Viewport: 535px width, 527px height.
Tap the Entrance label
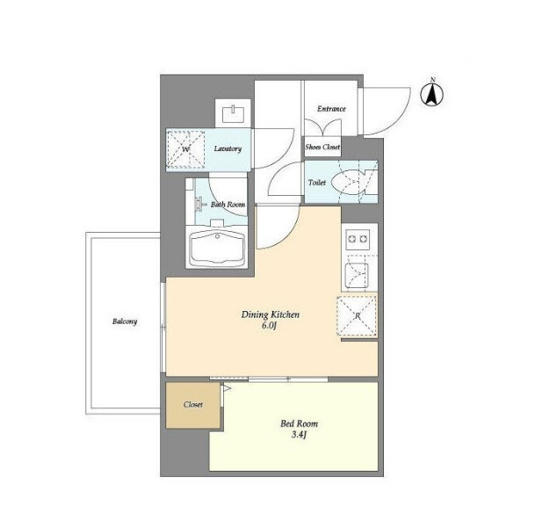coord(331,109)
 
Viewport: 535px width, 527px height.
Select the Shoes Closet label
coord(322,147)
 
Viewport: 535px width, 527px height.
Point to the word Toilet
coord(317,183)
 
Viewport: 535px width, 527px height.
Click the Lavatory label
coord(228,148)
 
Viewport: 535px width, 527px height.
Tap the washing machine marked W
coord(185,149)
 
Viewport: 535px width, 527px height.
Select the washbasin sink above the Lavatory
coord(234,114)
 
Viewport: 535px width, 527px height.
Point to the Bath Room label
coord(228,205)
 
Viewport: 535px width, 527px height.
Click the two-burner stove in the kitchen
coord(358,239)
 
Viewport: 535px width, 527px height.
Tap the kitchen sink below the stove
coord(357,276)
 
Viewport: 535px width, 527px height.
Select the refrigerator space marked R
coord(357,316)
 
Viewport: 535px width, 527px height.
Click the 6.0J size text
coord(269,325)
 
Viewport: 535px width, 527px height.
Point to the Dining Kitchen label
coord(271,314)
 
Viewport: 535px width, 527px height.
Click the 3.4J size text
coord(299,435)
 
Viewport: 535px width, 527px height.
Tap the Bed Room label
coord(300,423)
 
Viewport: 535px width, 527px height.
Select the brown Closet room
coord(193,405)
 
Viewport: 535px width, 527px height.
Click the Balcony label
coord(125,321)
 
